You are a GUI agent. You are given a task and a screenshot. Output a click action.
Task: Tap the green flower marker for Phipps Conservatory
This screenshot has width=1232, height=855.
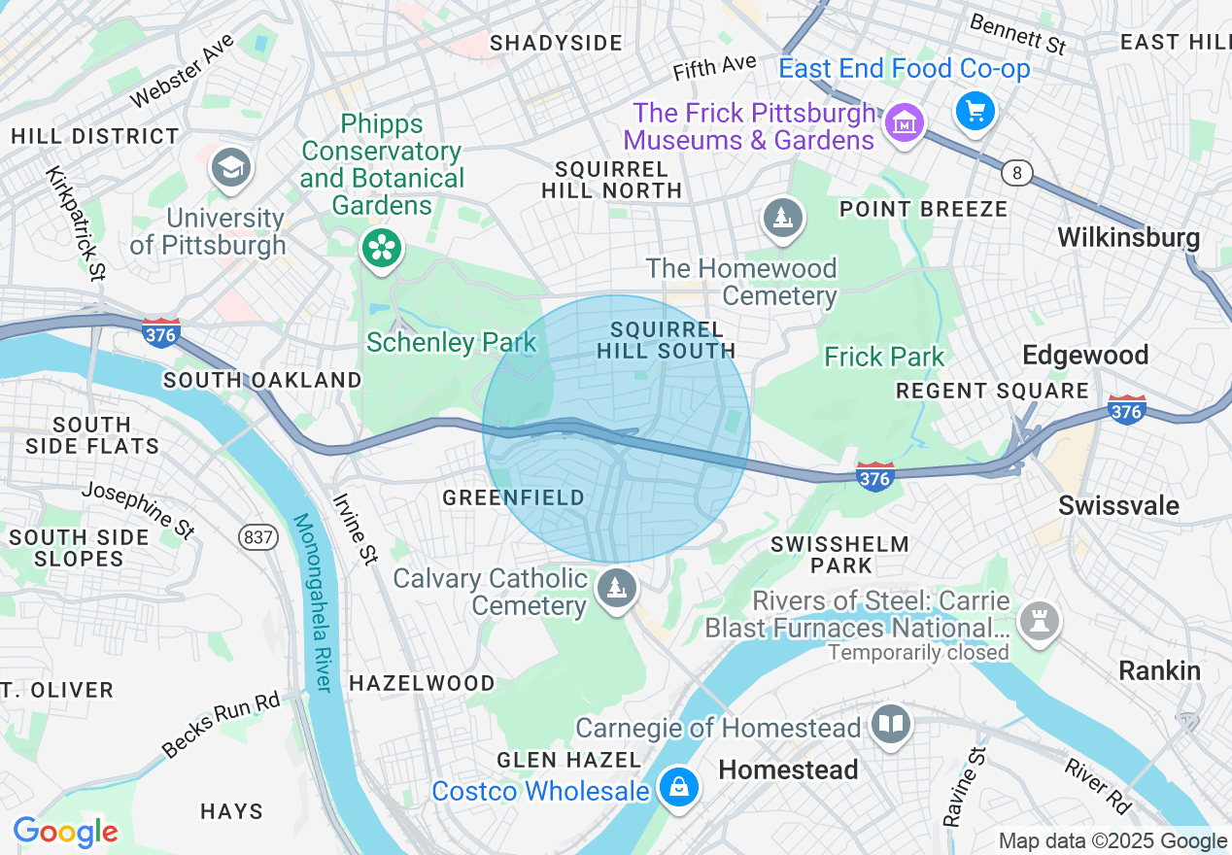point(382,248)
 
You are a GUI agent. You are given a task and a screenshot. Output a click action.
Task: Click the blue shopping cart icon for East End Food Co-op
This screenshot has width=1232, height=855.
point(975,111)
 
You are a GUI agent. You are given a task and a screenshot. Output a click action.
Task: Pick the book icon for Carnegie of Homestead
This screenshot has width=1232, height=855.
point(890,724)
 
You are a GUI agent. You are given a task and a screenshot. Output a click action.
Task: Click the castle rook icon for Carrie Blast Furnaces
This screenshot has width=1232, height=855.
point(1039,618)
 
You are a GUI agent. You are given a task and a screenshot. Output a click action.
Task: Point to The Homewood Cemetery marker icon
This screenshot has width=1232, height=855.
point(782,218)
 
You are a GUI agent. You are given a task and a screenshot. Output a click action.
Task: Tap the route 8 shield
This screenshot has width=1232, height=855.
point(1017,173)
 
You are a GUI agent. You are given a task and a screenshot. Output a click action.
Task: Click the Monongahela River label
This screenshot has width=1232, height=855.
point(314,602)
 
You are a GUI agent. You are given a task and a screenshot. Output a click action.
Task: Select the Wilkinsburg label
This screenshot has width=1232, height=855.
point(1128,237)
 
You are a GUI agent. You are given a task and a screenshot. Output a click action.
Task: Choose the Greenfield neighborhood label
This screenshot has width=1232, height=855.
point(514,497)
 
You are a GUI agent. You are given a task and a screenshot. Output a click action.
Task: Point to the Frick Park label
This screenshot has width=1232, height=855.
point(884,357)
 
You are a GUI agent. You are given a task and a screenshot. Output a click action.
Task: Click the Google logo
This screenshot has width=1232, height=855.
point(65,832)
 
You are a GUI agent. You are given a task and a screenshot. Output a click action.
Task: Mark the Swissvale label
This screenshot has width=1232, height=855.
point(1118,505)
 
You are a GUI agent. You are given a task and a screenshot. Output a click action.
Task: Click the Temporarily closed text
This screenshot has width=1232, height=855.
point(918,652)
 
